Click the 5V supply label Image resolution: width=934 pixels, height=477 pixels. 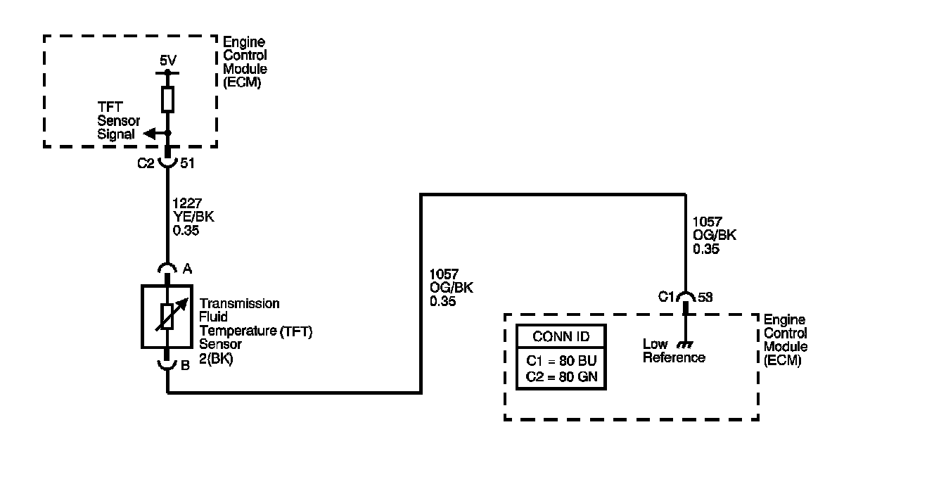tap(167, 61)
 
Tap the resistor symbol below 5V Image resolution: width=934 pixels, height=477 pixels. tap(167, 99)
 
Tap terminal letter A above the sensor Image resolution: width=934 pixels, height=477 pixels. tap(187, 268)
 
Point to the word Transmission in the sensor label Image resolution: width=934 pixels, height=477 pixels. tap(230, 304)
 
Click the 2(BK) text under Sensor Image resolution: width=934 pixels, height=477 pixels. tap(217, 357)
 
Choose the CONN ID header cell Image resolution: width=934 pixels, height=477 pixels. tap(561, 336)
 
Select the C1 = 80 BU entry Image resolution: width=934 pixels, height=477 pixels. tap(561, 362)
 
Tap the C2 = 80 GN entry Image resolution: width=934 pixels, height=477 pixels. tap(561, 376)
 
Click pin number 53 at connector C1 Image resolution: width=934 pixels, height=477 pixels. tap(704, 298)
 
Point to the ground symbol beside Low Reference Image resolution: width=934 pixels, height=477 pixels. tap(684, 345)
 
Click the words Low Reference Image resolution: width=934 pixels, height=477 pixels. tap(674, 351)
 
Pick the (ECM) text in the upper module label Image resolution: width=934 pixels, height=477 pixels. tap(241, 82)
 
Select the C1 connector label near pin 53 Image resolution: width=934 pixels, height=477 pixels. tap(667, 298)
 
